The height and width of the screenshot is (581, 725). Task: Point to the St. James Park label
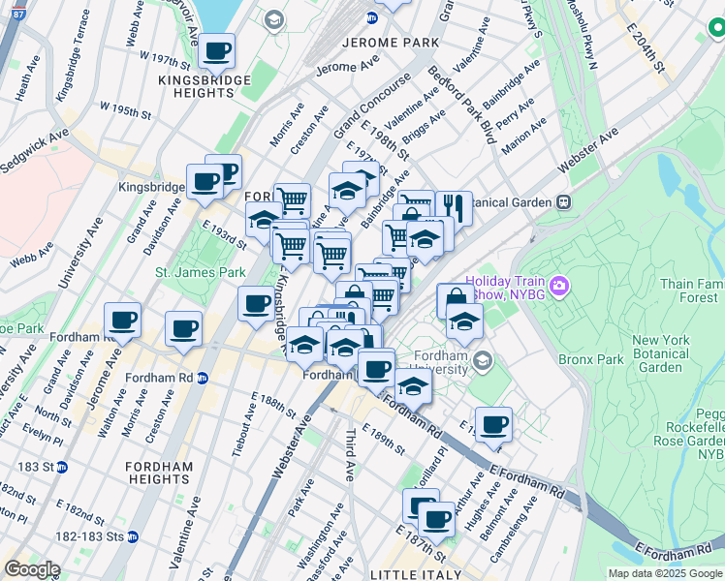[x=201, y=273]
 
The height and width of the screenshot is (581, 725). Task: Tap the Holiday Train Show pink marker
[x=558, y=286]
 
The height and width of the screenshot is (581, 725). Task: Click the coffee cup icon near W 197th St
[x=217, y=50]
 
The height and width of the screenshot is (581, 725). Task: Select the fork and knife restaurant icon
[x=453, y=206]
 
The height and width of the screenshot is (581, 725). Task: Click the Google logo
[x=32, y=569]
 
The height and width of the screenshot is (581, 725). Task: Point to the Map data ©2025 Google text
[x=666, y=573]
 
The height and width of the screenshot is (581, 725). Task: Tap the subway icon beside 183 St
[x=61, y=467]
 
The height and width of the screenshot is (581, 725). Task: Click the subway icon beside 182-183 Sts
[x=133, y=536]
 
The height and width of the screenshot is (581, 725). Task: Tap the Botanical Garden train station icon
[x=562, y=202]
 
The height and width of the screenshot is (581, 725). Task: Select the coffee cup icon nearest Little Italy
[x=437, y=520]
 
